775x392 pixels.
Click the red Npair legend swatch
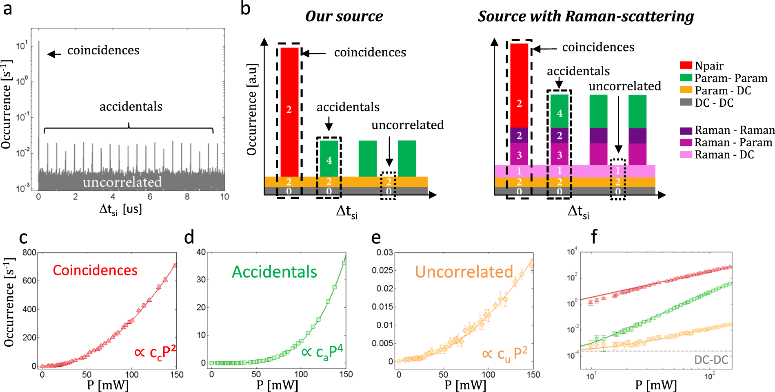(686, 65)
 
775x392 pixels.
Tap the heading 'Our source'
(344, 16)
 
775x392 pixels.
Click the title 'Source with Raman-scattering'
(586, 16)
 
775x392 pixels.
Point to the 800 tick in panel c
(29, 253)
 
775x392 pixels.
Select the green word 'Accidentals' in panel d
(274, 272)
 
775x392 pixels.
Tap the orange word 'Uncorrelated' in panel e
(464, 272)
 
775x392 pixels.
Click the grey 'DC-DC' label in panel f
(711, 360)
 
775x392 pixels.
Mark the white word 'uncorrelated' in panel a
(122, 182)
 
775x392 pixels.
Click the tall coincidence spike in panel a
(39, 102)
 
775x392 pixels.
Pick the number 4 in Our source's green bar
(329, 160)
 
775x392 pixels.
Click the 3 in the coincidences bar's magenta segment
(519, 155)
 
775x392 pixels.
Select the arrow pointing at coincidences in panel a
(54, 54)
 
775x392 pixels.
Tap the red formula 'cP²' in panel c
(155, 352)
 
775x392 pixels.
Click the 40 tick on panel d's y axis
(201, 252)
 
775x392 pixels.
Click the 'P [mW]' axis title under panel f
(656, 385)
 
